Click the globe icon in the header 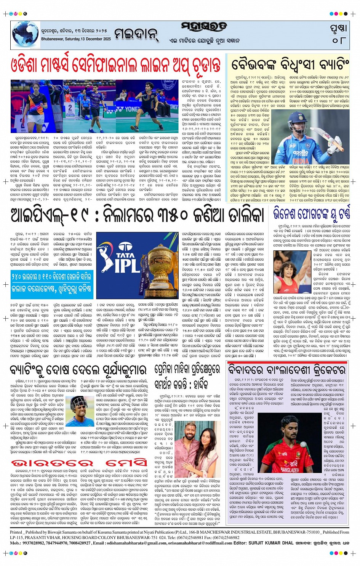click(25, 35)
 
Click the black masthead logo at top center click(204, 27)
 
